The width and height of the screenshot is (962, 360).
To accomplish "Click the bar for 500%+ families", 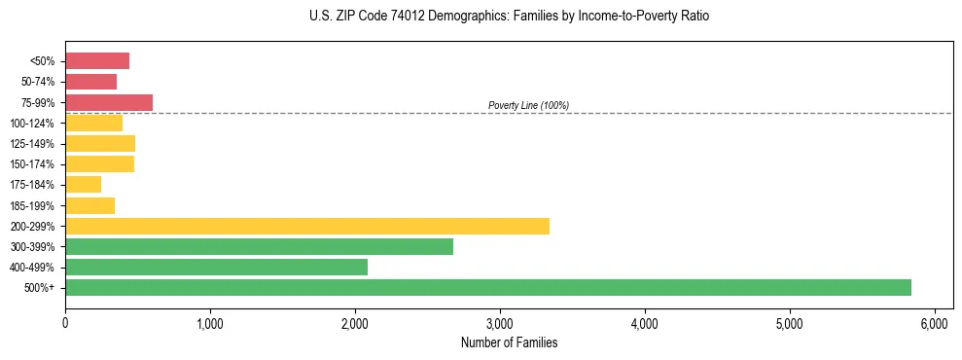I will pos(487,287).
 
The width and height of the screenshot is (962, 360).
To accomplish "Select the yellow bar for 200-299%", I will pos(306,226).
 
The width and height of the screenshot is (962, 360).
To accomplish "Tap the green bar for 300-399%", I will pos(259,246).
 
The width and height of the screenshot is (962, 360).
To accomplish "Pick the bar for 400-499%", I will pos(216,267).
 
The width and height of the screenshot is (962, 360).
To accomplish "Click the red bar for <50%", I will pos(97,61).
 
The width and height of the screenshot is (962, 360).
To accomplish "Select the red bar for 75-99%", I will pos(109,102).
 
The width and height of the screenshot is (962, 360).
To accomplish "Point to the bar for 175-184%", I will pos(83,184).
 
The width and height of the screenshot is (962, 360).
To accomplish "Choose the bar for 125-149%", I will pos(100,143).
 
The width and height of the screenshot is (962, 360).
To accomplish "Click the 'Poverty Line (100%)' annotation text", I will pos(528,105).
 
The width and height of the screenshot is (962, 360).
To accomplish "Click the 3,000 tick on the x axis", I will pos(499,322).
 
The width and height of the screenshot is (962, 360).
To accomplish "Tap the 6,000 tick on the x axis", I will pos(934,322).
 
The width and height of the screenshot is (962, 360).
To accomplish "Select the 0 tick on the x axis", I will pos(65,322).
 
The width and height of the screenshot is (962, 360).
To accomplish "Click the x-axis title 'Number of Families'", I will pos(509,342).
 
